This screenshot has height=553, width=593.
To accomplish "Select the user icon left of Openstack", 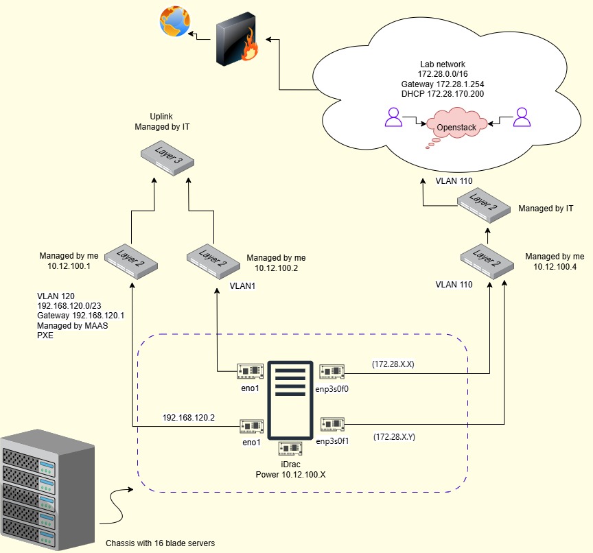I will (x=393, y=117).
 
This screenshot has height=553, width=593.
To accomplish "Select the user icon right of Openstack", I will (x=522, y=117).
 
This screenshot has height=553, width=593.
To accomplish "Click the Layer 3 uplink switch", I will (x=167, y=158).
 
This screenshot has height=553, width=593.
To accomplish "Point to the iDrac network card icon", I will (x=290, y=449).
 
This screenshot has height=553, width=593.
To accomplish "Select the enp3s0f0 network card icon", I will (x=332, y=371).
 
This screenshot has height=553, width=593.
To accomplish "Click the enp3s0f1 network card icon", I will (x=332, y=424).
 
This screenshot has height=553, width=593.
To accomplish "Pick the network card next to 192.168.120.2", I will (x=251, y=427).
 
